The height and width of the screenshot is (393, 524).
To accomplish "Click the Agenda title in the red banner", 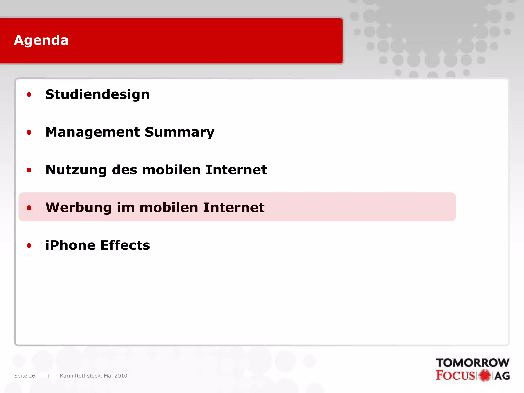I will [41, 40].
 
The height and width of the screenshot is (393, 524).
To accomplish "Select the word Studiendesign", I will [97, 94].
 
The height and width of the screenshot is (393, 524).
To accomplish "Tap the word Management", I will [92, 132].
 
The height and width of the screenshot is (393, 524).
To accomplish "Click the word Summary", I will [179, 132].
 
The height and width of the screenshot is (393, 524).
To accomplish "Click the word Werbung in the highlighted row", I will [78, 208].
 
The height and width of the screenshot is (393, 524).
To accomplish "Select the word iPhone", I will [70, 245].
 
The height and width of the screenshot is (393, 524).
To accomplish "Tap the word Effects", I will [125, 245].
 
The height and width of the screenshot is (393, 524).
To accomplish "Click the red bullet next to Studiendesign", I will [29, 95].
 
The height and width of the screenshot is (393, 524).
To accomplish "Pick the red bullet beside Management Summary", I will [29, 133].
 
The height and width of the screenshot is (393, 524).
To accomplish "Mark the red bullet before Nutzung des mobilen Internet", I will [29, 170].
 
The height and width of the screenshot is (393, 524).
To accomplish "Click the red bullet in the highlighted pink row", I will [29, 208].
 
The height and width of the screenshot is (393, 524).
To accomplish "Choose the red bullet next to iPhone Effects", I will [29, 246].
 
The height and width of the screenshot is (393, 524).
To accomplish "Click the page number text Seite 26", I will [25, 376].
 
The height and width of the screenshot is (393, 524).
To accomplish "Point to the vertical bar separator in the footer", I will [48, 376].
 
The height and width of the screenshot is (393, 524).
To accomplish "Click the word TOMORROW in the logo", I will [473, 363].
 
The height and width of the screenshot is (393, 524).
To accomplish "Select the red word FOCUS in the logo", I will [455, 375].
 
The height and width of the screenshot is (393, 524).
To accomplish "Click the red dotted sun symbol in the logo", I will [485, 376].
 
